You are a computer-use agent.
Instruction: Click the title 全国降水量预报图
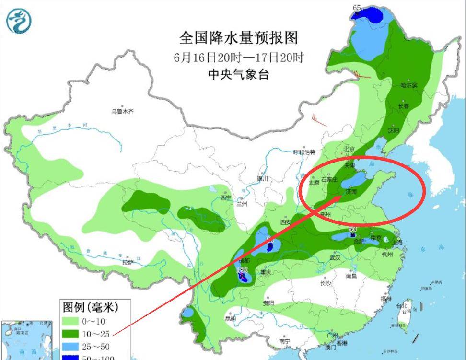click(x=238, y=37)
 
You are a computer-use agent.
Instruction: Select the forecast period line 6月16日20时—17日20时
click(x=238, y=58)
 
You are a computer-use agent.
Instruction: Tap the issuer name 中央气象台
click(x=238, y=74)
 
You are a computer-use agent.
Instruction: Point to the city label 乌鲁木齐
click(x=122, y=111)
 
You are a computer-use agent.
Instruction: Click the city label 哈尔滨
click(x=409, y=85)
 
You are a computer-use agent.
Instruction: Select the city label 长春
click(x=403, y=106)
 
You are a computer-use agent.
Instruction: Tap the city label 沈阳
click(x=394, y=130)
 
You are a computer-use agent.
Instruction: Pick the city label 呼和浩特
click(x=304, y=152)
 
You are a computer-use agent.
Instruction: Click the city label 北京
click(x=349, y=149)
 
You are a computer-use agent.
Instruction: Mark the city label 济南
click(x=351, y=192)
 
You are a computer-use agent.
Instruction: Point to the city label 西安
click(x=286, y=222)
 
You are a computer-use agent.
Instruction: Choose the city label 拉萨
click(x=127, y=262)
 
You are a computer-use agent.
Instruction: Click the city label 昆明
click(x=231, y=319)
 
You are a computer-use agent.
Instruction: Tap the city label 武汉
click(x=334, y=257)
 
